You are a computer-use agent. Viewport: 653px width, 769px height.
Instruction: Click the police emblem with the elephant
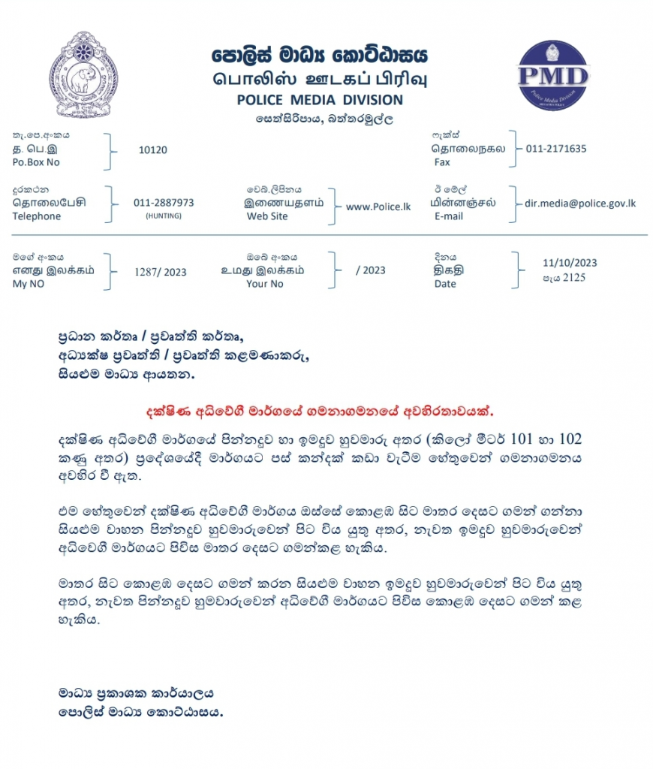(84, 74)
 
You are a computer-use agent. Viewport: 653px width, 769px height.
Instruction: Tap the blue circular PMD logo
(554, 76)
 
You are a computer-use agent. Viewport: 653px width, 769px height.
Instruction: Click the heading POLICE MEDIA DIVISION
(319, 100)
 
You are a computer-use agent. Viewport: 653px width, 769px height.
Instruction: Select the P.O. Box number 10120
(153, 149)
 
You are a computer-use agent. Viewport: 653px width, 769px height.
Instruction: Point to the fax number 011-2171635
(556, 149)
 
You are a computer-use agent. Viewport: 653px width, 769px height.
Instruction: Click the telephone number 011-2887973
(164, 203)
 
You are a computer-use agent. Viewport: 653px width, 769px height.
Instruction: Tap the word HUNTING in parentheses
(163, 216)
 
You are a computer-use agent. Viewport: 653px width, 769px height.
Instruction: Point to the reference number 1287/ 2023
(160, 272)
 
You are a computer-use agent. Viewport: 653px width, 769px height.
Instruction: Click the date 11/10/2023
(570, 263)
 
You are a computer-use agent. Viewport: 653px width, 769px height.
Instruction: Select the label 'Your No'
(265, 284)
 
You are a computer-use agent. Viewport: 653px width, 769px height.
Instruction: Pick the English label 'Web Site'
(267, 216)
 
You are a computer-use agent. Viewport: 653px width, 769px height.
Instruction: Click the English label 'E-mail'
(449, 216)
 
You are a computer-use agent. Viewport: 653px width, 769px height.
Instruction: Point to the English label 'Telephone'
(37, 216)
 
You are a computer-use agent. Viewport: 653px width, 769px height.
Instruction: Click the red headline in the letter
(319, 412)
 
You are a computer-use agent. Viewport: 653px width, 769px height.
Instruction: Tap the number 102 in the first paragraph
(568, 439)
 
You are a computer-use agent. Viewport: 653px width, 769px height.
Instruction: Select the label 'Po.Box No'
(36, 162)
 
